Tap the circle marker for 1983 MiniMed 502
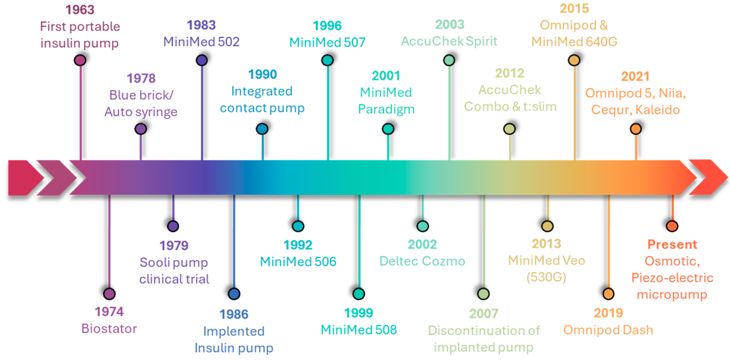202,60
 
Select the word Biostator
109,329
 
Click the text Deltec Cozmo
422,261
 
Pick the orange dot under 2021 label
636,129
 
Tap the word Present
672,244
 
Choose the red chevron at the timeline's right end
708,177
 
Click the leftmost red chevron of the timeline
24,178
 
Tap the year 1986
234,314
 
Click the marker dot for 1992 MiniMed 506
298,226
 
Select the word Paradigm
386,109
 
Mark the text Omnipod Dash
608,330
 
